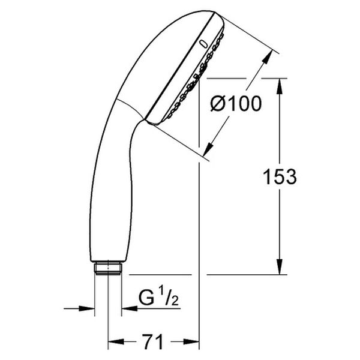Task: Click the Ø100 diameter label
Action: coord(236,104)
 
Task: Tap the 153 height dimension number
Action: coord(280,176)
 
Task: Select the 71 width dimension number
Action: coord(152,342)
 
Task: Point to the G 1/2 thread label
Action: coord(158,298)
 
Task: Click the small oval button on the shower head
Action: coord(203,44)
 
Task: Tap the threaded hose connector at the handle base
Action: coord(108,268)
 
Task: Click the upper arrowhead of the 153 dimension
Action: coord(280,86)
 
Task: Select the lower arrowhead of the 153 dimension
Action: coord(280,266)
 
